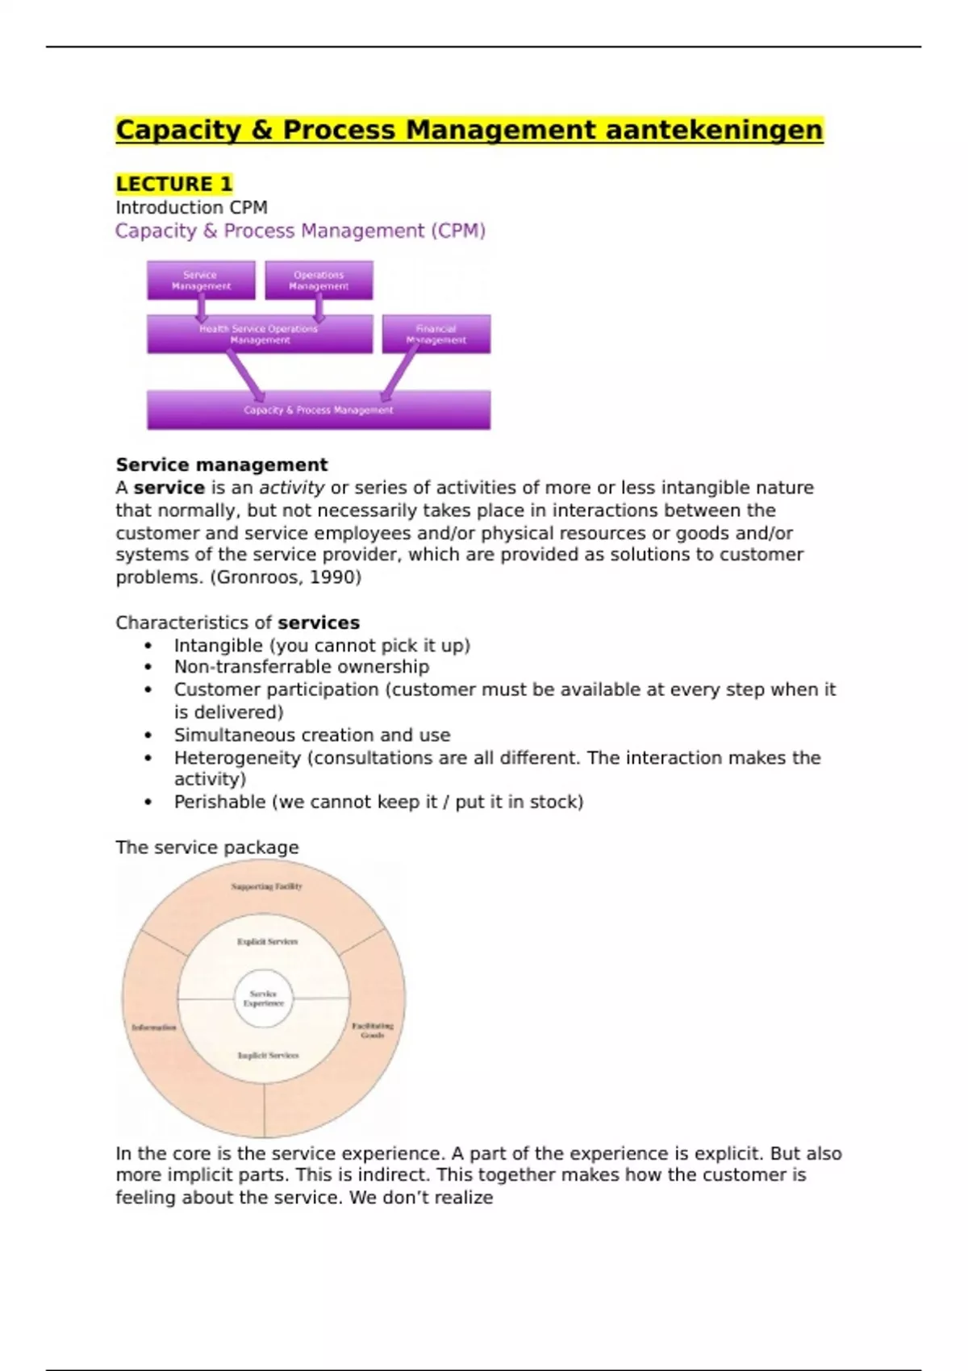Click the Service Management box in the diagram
pyautogui.click(x=201, y=280)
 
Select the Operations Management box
pyautogui.click(x=319, y=280)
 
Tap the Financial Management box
pyautogui.click(x=436, y=334)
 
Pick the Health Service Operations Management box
pyautogui.click(x=259, y=334)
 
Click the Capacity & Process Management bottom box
pyautogui.click(x=319, y=410)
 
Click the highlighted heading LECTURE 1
pyautogui.click(x=173, y=184)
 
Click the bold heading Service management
pyautogui.click(x=222, y=465)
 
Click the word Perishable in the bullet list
pyautogui.click(x=219, y=802)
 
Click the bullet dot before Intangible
pyautogui.click(x=148, y=646)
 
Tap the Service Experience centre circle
pyautogui.click(x=264, y=998)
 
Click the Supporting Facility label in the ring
pyautogui.click(x=266, y=886)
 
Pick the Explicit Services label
pyautogui.click(x=267, y=941)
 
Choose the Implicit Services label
pyautogui.click(x=268, y=1055)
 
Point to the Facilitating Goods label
pyautogui.click(x=373, y=1030)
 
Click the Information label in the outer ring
pyautogui.click(x=153, y=1027)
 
